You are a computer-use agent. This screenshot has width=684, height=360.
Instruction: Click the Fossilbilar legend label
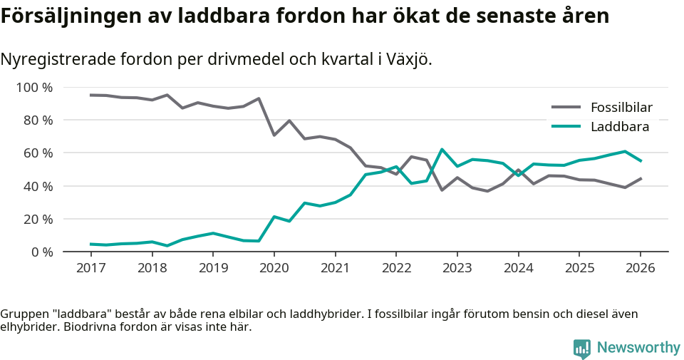click(x=621, y=108)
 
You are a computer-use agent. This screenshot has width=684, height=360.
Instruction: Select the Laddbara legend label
click(x=619, y=127)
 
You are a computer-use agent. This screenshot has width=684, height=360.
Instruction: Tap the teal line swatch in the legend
click(x=567, y=127)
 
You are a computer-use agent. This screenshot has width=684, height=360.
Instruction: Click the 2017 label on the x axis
click(x=91, y=268)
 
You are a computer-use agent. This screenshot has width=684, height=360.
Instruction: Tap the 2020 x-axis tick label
click(x=274, y=268)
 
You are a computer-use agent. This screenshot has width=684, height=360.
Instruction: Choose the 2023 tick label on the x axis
click(x=457, y=268)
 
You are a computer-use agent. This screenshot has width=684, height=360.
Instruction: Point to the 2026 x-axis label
click(x=640, y=268)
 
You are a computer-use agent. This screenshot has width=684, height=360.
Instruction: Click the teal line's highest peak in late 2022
click(x=442, y=150)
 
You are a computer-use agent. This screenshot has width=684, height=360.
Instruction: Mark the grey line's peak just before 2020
click(x=259, y=98)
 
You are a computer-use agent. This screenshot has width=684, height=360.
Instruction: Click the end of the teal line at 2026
click(x=641, y=161)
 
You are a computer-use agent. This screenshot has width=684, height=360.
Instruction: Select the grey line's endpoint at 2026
click(x=641, y=178)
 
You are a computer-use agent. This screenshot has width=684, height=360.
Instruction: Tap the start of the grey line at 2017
click(x=91, y=95)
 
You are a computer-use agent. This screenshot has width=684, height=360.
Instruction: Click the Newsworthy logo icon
click(x=582, y=348)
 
